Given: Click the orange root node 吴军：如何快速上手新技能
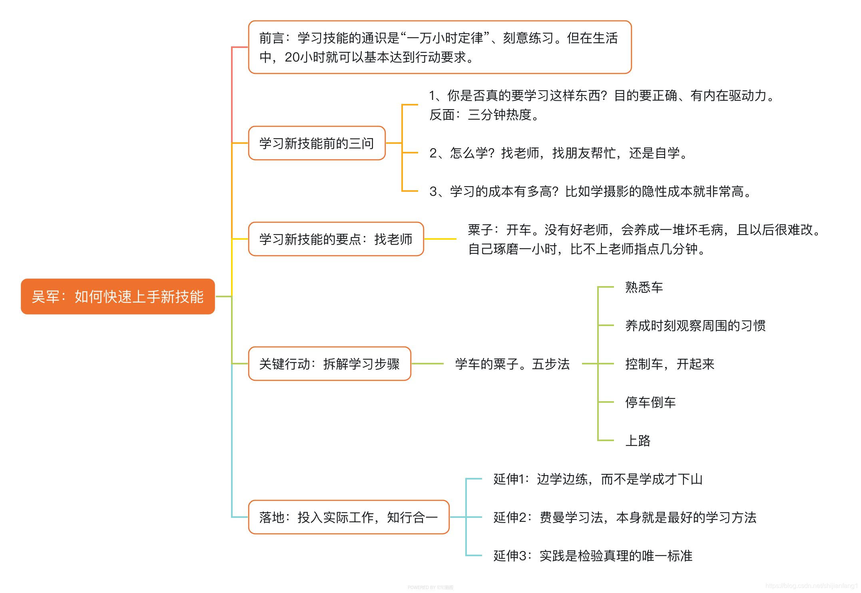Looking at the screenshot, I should pos(118,296).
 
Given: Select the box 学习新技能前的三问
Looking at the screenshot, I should pos(317,143).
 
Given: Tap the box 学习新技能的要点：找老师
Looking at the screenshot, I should pos(336,239).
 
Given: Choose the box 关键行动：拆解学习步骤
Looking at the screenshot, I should pos(329,364).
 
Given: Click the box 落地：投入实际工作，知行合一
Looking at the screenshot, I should pos(349,517).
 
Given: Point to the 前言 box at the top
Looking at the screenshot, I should pos(440,47).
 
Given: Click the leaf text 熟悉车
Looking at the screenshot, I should pos(644,287).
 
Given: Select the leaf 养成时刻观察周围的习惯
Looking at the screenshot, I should pos(695,325).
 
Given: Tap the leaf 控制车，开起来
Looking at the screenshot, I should pos(670,364).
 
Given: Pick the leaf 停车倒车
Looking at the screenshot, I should pos(650,402).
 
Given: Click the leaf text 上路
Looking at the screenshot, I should pos(638,440).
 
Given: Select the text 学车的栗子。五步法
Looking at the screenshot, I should pos(512,364).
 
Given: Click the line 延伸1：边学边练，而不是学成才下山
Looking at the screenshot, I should pos(598,479).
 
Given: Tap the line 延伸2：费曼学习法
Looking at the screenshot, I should pos(625,517).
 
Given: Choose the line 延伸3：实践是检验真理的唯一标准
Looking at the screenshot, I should pos(593,555).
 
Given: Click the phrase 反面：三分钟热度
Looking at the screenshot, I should pos(484,115).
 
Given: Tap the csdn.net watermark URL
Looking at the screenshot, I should pos(811,586).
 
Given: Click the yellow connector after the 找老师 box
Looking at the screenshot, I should pos(440,239).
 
